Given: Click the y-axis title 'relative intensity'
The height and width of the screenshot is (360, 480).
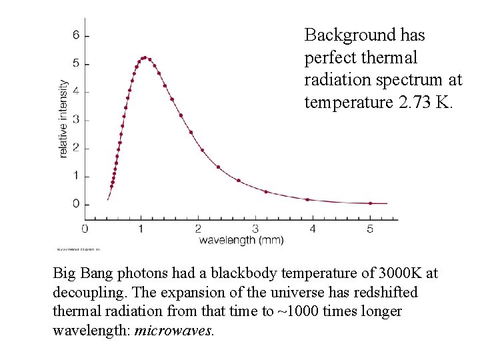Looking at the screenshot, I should pos(64,119).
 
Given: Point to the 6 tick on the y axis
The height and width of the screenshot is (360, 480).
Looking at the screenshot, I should pos(77,35).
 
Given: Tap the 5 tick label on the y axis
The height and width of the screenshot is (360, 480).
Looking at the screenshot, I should pos(77,63).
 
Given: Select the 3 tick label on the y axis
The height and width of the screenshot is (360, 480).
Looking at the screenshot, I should pos(77,119).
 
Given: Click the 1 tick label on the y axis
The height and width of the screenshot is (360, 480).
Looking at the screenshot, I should pos(77,176).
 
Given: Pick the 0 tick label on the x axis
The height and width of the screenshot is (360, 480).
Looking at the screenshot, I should pos(85,229).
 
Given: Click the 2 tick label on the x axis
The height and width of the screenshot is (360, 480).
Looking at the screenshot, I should pos(199,229).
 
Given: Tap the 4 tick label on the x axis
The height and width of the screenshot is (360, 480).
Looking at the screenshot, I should pos(313,229).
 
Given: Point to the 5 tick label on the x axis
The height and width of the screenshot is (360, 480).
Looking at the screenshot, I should pos(369,229).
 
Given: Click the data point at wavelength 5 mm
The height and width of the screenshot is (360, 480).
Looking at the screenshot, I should pos(371,203).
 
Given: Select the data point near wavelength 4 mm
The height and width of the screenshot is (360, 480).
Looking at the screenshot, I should pos(307,199).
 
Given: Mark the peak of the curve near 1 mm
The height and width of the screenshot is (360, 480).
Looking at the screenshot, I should pos(144,57).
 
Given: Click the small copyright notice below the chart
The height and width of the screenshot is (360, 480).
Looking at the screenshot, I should pos(78,249).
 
